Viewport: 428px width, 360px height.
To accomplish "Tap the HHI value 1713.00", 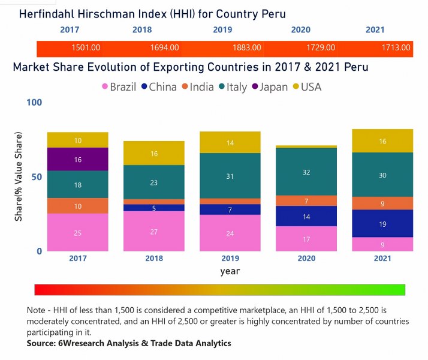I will click(x=396, y=47).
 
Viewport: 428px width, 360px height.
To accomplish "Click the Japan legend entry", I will click(x=269, y=87).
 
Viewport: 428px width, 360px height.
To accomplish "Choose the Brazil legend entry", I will click(x=119, y=87).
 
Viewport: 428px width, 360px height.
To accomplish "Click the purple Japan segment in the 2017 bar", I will click(x=78, y=160).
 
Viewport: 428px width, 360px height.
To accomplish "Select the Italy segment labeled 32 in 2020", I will click(x=307, y=172).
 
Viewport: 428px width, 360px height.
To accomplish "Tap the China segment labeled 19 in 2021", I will click(x=382, y=223).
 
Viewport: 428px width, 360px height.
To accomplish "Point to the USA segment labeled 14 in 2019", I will click(x=230, y=143).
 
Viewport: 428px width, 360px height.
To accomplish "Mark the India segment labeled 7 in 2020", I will click(x=307, y=201).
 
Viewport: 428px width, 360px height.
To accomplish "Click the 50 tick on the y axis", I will click(x=35, y=177).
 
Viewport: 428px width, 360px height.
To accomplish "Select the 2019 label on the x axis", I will click(x=230, y=259).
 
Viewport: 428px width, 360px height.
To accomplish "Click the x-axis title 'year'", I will click(x=230, y=271).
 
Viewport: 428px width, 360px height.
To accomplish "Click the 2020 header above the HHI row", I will click(x=301, y=29).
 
